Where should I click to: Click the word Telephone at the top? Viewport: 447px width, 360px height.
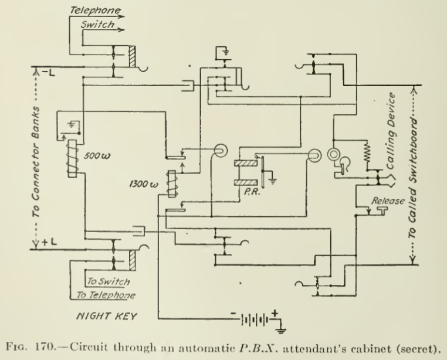tap(95, 10)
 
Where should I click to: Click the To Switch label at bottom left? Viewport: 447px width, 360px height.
tap(109, 281)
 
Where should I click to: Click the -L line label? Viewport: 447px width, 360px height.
tap(48, 72)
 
